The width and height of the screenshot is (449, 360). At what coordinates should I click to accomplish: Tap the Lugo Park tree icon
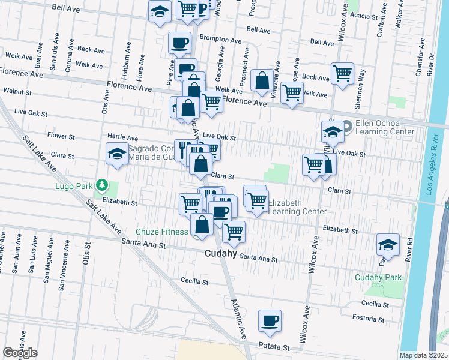(x=103, y=185)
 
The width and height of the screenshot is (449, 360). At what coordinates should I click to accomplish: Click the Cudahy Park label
(x=378, y=277)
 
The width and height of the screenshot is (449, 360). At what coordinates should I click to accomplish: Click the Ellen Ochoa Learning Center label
(x=385, y=127)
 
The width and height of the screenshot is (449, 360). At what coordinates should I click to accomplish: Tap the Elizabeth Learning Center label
(x=297, y=207)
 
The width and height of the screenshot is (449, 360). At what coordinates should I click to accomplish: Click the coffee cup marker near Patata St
(x=270, y=320)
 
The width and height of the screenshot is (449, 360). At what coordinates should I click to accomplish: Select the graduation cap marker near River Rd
(x=388, y=244)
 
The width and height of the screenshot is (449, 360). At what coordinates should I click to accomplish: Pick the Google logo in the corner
(x=20, y=352)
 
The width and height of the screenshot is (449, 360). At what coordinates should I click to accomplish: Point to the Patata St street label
(x=274, y=347)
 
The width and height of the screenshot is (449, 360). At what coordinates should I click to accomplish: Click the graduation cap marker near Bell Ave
(x=160, y=11)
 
